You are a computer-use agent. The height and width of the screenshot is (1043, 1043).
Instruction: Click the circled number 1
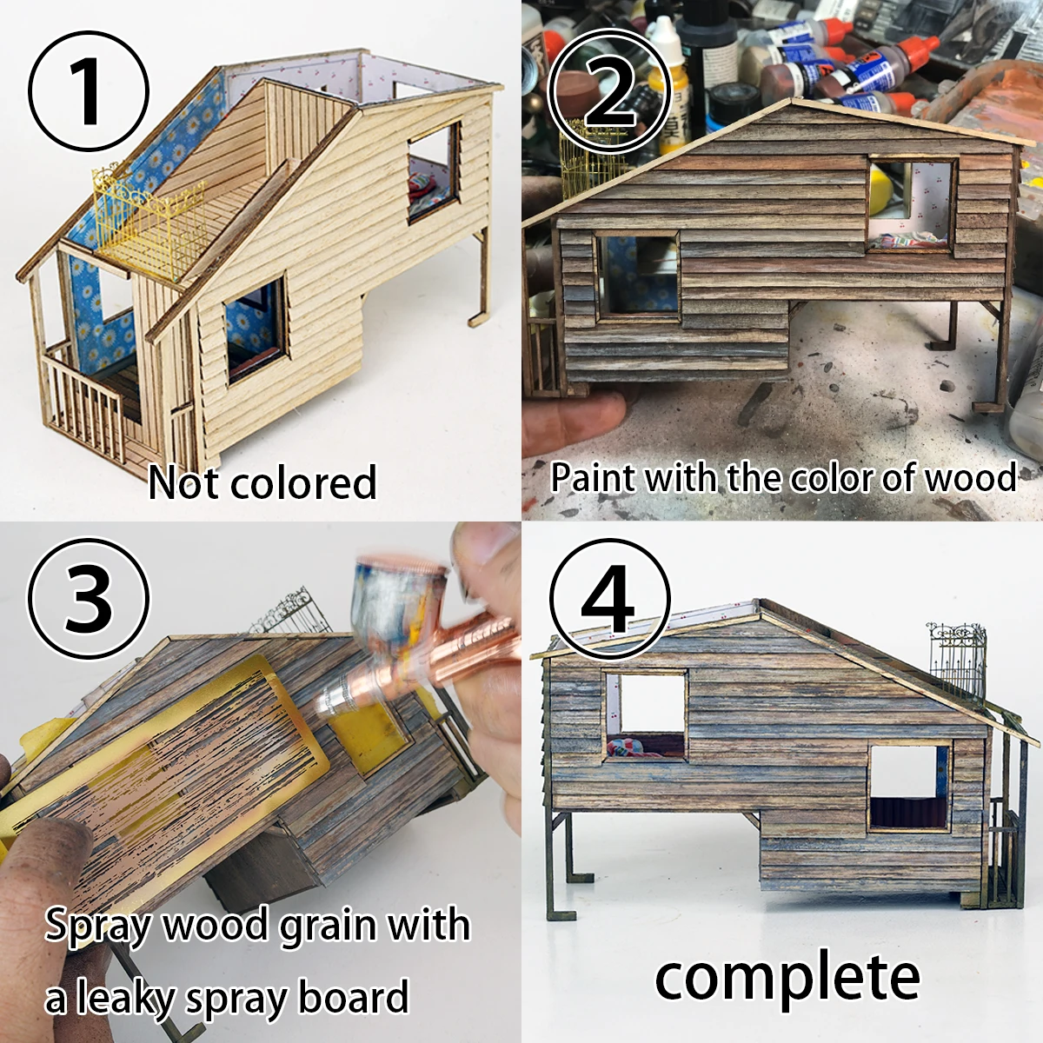[x=89, y=91]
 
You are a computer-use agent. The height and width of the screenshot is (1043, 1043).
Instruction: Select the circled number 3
[x=89, y=597]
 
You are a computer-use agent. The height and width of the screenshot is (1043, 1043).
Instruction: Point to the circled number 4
[x=609, y=599]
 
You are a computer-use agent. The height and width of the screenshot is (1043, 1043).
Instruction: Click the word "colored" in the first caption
[x=303, y=482]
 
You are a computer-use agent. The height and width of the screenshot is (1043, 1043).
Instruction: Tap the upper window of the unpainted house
[x=434, y=173]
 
